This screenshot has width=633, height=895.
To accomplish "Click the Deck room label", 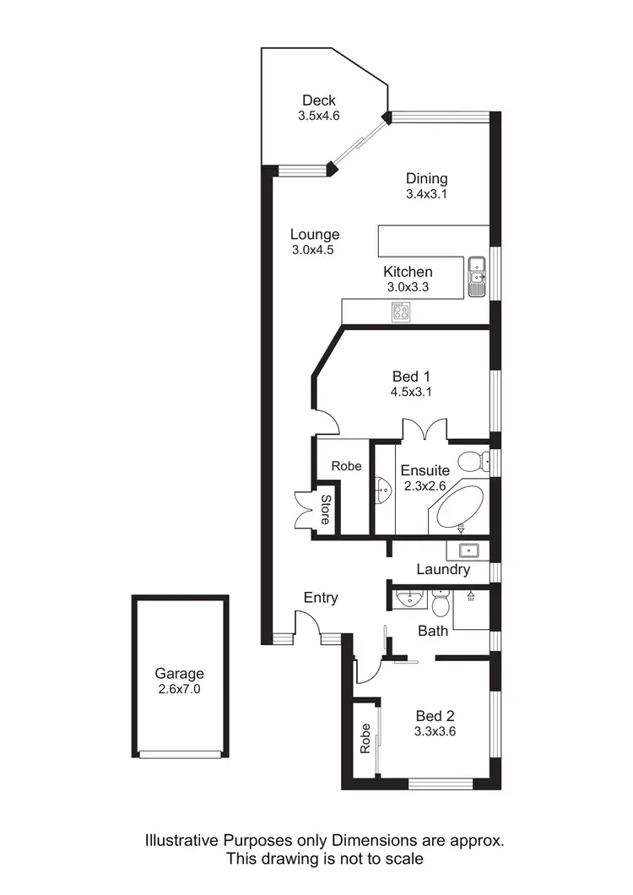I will tap(319, 101).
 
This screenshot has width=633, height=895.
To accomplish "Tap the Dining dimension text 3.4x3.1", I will tap(425, 193).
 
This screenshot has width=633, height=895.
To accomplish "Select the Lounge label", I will tap(314, 235).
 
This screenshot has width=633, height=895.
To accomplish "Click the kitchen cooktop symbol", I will tap(401, 312).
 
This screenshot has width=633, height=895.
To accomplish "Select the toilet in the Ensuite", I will tap(478, 462).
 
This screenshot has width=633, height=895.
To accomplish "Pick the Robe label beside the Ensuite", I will tap(346, 466).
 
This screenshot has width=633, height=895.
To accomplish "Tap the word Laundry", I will tap(442, 570).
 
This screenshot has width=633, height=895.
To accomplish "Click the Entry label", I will tap(321, 598).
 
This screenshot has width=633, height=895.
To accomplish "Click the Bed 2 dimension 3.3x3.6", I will tap(435, 732).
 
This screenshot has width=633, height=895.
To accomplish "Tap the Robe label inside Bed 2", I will tap(365, 739).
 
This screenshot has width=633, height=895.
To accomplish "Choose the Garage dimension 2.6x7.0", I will tap(179, 689).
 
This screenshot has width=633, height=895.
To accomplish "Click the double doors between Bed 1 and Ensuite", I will tap(425, 431).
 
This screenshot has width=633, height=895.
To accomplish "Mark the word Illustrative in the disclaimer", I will tap(182, 841).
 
